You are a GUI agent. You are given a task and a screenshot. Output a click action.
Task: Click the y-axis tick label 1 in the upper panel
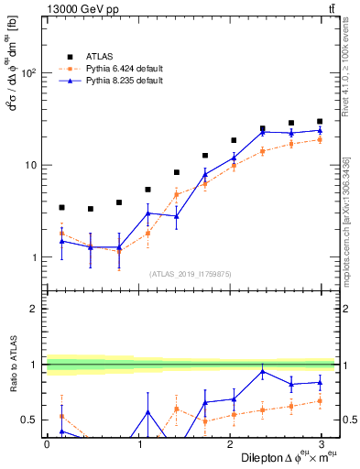35,257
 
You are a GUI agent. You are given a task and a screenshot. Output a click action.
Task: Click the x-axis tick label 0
47,444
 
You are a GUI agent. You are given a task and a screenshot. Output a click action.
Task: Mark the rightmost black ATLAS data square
320,121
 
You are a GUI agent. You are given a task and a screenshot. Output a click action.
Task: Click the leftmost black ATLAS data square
61,208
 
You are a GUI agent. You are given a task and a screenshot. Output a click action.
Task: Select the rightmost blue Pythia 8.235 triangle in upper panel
320,130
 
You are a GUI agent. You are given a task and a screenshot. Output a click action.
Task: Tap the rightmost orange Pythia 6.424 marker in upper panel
320,139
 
